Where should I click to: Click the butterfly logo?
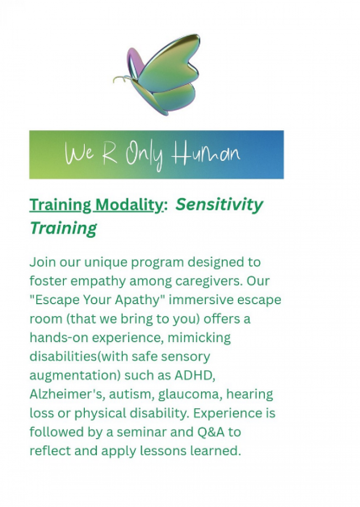point(156,75)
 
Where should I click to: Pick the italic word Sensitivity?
point(219,205)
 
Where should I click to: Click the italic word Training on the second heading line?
point(63,228)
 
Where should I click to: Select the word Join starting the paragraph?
point(43,263)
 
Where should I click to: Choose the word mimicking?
point(199,338)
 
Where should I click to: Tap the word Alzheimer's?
point(67,394)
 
